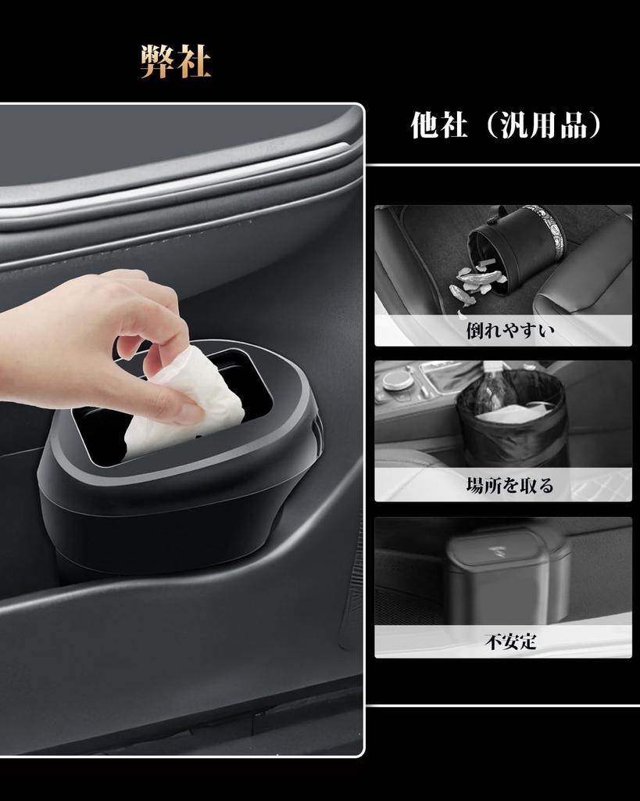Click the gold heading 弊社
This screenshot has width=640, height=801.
[176, 62]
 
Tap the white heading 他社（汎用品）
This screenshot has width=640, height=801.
[507, 125]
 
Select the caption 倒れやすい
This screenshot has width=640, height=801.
[509, 330]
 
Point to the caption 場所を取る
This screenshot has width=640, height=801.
[509, 486]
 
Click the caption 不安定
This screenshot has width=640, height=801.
[510, 641]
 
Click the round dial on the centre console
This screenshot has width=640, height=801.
[398, 380]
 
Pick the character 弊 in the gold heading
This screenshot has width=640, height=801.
[156, 62]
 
